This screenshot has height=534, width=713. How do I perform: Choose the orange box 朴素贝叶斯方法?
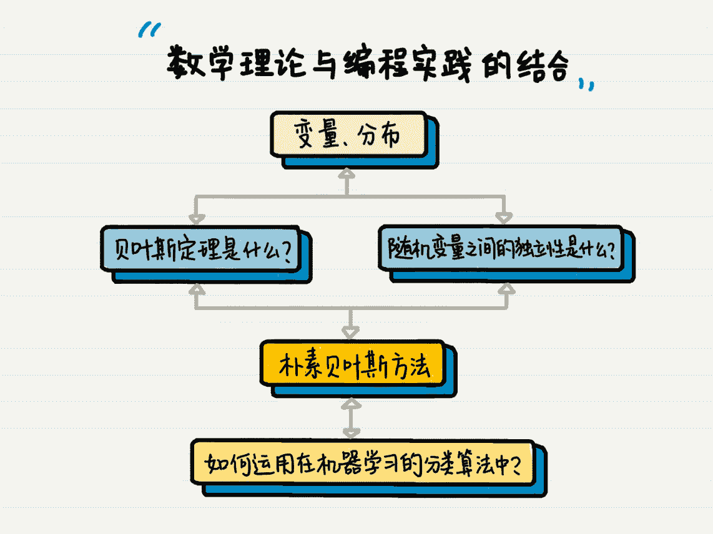(353, 364)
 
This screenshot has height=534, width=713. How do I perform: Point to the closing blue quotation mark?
(586, 84)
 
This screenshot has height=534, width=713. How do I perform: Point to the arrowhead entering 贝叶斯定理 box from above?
(197, 218)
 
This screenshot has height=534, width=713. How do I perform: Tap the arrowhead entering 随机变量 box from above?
(504, 218)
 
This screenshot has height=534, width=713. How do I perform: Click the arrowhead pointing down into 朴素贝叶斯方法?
(351, 331)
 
